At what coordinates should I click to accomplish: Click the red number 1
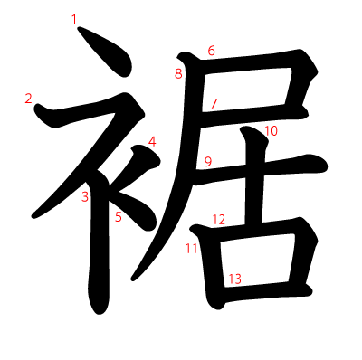point(74,18)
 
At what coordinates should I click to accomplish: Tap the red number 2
point(29,98)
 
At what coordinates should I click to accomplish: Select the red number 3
point(84,196)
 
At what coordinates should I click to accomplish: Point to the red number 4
point(152,141)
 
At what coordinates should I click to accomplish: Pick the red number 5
point(118,216)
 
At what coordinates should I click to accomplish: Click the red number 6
point(211,51)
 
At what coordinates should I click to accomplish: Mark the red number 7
point(214,103)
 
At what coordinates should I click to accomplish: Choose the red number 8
point(178,73)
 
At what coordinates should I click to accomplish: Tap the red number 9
point(207,162)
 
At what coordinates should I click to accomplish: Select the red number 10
point(271,131)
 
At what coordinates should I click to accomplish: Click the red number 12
point(218,219)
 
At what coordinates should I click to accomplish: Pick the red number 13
point(234,279)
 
